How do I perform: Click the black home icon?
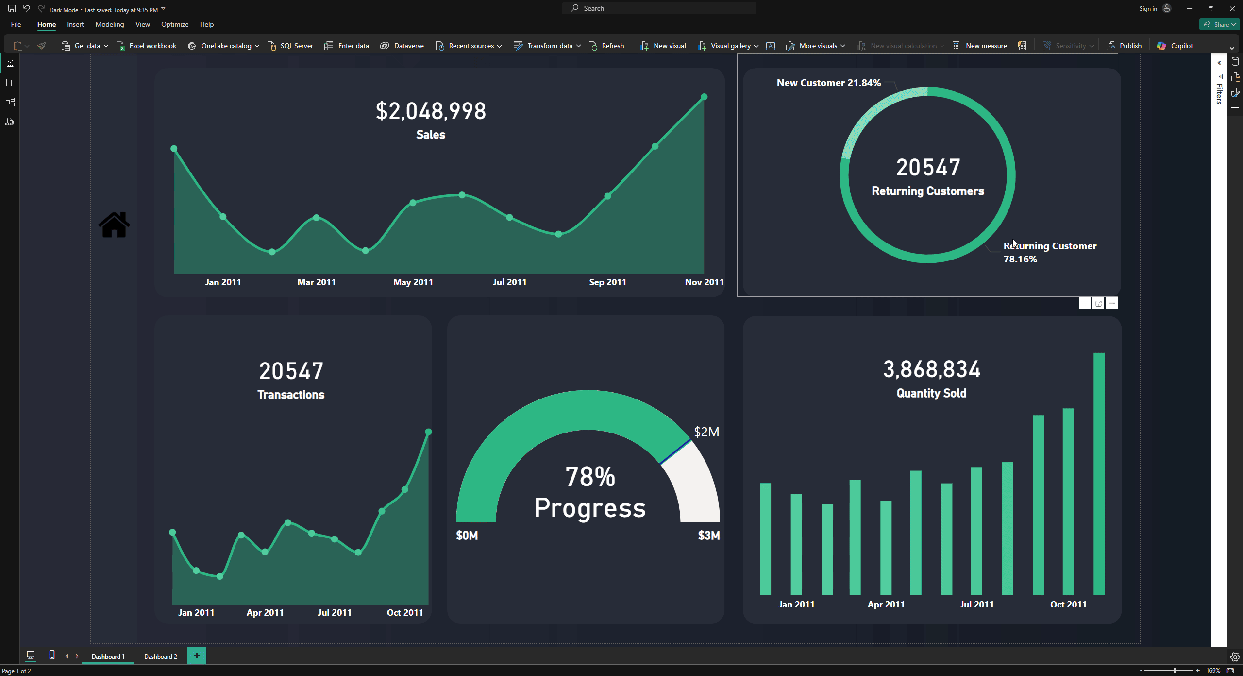114,225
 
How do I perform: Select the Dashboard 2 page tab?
160,656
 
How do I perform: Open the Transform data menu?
547,46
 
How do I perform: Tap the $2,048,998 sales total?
431,111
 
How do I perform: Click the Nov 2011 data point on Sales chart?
704,97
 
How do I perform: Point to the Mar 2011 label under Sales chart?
317,282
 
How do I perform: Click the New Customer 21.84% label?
828,83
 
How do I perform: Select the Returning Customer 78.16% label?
1049,252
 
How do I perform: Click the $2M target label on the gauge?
706,432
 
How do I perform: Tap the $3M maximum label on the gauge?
708,536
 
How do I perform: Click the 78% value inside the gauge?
590,477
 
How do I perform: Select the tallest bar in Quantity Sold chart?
1099,474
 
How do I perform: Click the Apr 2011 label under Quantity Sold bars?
886,605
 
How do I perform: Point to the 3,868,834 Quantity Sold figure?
931,369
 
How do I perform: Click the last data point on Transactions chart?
428,432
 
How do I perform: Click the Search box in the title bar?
659,8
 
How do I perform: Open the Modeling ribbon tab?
109,24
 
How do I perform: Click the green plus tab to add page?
197,656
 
